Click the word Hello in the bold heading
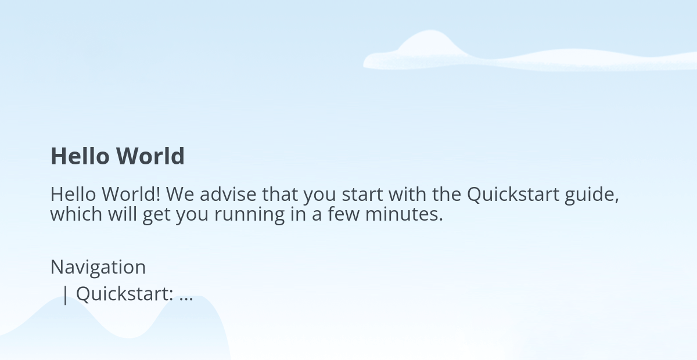tap(80, 156)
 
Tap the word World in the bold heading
tap(150, 156)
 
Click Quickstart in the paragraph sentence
tap(513, 195)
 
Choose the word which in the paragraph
tap(76, 214)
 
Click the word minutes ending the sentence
tap(402, 214)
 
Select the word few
tap(343, 214)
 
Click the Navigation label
tap(98, 268)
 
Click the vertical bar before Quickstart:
tap(65, 295)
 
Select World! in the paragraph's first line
tap(131, 195)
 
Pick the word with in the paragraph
tap(407, 194)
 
